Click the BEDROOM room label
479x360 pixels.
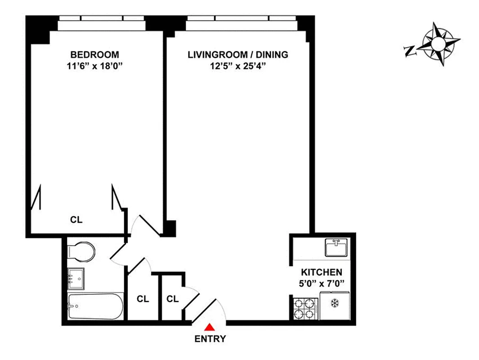(x=95, y=55)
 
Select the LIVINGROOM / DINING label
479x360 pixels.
(x=237, y=55)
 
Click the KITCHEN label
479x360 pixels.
(x=321, y=272)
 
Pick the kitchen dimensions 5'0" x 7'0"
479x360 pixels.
(x=321, y=283)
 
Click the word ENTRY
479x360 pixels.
(x=210, y=339)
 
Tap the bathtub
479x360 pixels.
(x=95, y=307)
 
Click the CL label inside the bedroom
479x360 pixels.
(x=76, y=220)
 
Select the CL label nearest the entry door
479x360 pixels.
(x=173, y=298)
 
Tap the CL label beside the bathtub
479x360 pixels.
(x=143, y=298)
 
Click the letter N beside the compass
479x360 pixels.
(x=410, y=51)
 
